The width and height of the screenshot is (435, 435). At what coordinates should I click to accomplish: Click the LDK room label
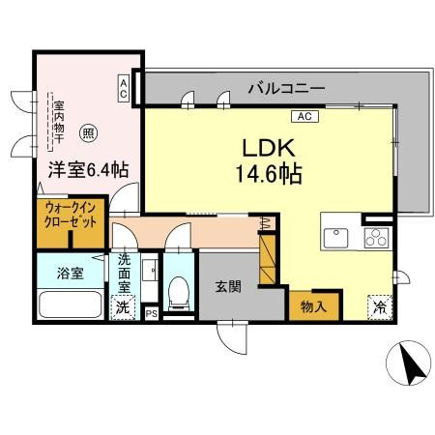pyautogui.click(x=269, y=148)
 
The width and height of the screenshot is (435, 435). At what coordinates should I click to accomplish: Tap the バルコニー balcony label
pyautogui.click(x=286, y=88)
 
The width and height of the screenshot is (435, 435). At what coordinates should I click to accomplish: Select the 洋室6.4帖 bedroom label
pyautogui.click(x=88, y=169)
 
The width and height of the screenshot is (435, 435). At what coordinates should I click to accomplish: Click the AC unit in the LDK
pyautogui.click(x=304, y=116)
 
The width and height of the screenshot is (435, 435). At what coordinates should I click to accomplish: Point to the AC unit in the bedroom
pyautogui.click(x=124, y=88)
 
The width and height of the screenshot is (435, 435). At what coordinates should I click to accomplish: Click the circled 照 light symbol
pyautogui.click(x=89, y=133)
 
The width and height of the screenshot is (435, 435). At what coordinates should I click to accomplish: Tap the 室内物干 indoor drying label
pyautogui.click(x=59, y=123)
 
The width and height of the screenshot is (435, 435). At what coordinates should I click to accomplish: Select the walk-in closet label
pyautogui.click(x=71, y=215)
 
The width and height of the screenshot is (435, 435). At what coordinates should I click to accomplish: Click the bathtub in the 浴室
pyautogui.click(x=71, y=304)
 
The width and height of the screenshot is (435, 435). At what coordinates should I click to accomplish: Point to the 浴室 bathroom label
pyautogui.click(x=71, y=273)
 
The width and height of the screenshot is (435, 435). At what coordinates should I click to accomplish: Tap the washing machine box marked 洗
pyautogui.click(x=122, y=307)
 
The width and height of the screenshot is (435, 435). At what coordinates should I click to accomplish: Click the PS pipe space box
pyautogui.click(x=152, y=313)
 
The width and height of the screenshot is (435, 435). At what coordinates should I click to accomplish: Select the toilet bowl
pyautogui.click(x=179, y=290)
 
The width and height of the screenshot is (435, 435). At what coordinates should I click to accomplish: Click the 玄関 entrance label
pyautogui.click(x=228, y=286)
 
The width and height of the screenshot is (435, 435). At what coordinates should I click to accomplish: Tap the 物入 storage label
pyautogui.click(x=313, y=307)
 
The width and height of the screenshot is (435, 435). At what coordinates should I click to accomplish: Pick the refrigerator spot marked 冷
pyautogui.click(x=380, y=307)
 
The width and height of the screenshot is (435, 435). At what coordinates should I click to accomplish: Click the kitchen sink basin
pyautogui.click(x=335, y=238)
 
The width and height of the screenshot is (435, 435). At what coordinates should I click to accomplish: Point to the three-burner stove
pyautogui.click(x=376, y=238)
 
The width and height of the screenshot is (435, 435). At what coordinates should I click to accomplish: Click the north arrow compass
pyautogui.click(x=409, y=362)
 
